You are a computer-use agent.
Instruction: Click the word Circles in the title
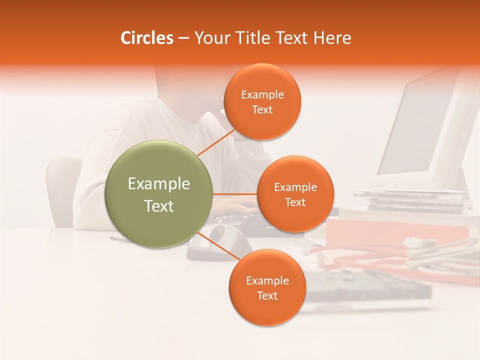click(146, 38)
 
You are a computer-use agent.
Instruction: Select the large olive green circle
click(158, 194)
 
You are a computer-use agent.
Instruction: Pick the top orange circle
click(262, 102)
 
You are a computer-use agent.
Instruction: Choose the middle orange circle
click(295, 194)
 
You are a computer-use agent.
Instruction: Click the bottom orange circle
click(267, 287)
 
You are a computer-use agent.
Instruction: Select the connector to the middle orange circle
click(235, 194)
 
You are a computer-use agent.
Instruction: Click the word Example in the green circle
click(159, 184)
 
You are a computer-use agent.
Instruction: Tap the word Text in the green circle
click(159, 206)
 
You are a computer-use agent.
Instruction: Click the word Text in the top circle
click(262, 110)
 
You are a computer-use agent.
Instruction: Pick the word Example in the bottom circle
click(267, 280)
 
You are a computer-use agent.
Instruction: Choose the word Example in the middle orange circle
click(295, 187)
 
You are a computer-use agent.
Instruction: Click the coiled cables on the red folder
click(440, 252)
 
